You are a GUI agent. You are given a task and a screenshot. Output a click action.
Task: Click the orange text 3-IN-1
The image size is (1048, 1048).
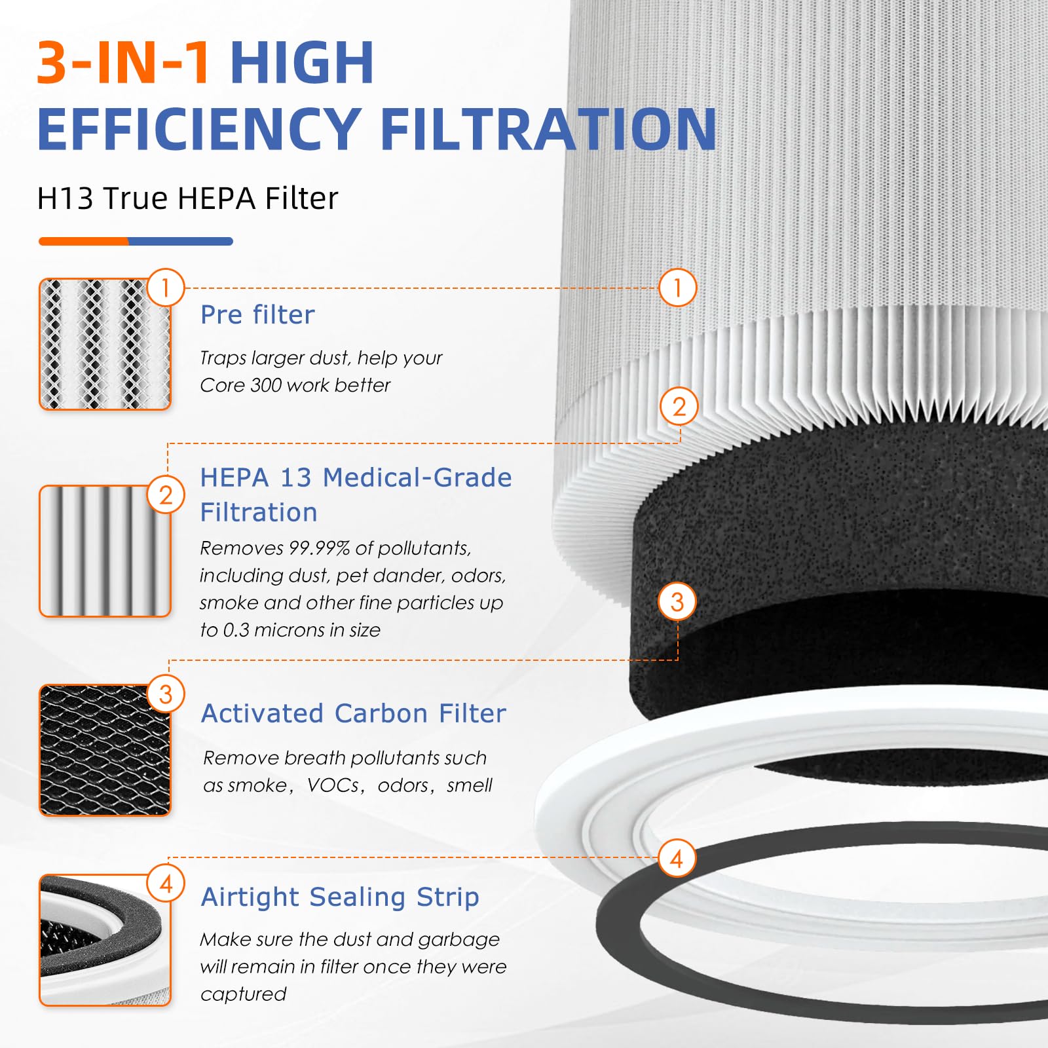(x=123, y=63)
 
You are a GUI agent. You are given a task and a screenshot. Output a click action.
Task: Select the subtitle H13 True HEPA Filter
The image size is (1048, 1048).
(x=187, y=198)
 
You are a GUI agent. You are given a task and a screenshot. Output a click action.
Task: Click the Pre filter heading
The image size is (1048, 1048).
(x=257, y=315)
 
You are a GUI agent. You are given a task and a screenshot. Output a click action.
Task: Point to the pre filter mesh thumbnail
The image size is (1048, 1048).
(x=105, y=345)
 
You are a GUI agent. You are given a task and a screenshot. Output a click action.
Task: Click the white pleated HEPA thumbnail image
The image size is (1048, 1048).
(x=105, y=551)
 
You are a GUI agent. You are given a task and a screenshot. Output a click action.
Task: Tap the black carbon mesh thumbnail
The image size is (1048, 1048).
(x=105, y=751)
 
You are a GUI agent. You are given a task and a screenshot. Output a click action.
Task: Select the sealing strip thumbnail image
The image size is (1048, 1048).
(x=105, y=941)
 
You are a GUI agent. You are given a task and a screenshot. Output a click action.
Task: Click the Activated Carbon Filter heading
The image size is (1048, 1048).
(x=354, y=713)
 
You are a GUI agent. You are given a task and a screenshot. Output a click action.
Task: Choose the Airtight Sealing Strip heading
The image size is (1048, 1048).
(x=340, y=897)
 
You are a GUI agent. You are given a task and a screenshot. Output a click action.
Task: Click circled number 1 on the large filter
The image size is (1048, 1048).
(x=677, y=288)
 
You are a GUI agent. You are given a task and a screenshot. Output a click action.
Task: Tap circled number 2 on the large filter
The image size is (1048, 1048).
(x=679, y=407)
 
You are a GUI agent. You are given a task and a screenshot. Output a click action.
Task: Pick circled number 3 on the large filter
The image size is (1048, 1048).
(x=677, y=601)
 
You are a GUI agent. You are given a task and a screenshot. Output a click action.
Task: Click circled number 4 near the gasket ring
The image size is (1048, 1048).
(x=677, y=858)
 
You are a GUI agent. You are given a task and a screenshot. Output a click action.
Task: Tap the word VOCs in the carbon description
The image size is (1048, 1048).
(x=333, y=785)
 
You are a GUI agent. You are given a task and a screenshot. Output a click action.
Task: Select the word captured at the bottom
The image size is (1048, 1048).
(x=243, y=994)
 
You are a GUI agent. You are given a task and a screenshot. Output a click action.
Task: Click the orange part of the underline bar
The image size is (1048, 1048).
(x=83, y=242)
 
